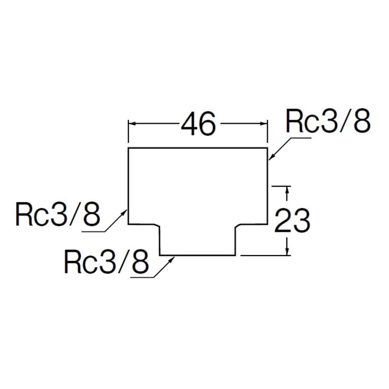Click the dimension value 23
pyautogui.click(x=292, y=221)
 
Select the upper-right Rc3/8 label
pyautogui.click(x=328, y=121)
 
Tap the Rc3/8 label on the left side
pyautogui.click(x=58, y=214)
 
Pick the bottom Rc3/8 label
pyautogui.click(x=107, y=261)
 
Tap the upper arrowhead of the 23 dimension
pyautogui.click(x=287, y=190)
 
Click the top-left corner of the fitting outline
pyautogui.click(x=128, y=148)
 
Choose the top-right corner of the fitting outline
pyautogui.click(x=268, y=148)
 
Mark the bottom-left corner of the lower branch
pyautogui.click(x=160, y=255)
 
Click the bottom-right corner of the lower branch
pyautogui.click(x=235, y=255)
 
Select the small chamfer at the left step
pyautogui.click(x=158, y=225)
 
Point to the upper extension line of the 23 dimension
pyautogui.click(x=281, y=186)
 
